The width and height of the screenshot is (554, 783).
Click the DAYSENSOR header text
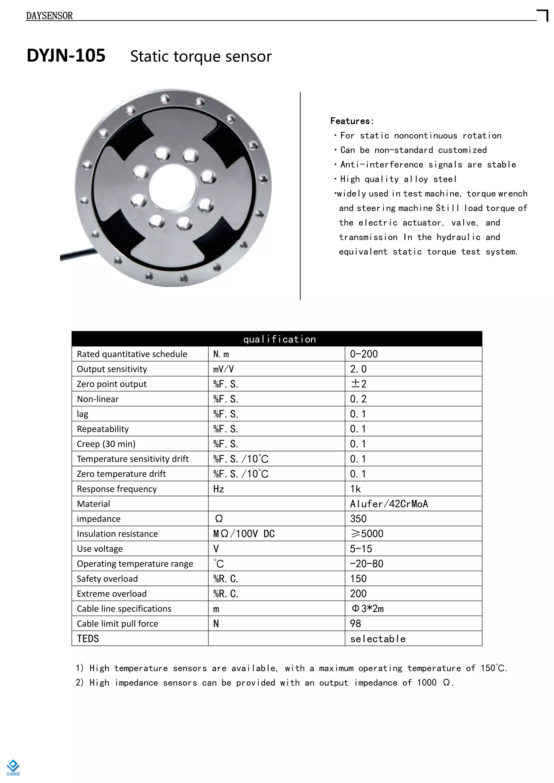coord(50,16)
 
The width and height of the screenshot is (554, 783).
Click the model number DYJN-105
coord(66,56)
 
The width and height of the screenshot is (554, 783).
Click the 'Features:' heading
coord(352,121)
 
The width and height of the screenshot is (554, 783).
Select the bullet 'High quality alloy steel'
coord(398,179)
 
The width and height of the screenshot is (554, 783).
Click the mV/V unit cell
coord(223,369)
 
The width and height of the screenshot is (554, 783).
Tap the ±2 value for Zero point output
coord(358,384)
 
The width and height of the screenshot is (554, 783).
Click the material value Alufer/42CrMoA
coord(389,504)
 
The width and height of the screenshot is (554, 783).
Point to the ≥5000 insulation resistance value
coord(367,534)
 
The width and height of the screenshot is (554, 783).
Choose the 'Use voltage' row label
coord(100,549)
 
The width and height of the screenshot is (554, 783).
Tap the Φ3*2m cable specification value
coord(367,609)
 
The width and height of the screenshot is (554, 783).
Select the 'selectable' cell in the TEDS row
coord(378,639)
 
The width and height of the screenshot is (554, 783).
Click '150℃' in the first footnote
coord(493,668)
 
